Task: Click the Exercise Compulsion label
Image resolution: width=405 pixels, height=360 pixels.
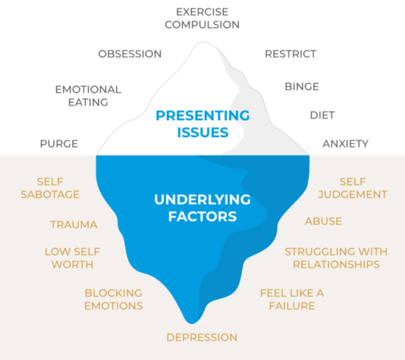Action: (x=202, y=18)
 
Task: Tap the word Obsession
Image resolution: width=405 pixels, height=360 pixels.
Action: (x=130, y=54)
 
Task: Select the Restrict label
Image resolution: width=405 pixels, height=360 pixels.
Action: (x=291, y=54)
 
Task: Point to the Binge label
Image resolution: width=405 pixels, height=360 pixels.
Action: (x=302, y=87)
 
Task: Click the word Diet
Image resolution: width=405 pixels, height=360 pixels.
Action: (x=322, y=116)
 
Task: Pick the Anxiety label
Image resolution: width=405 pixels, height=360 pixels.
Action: (x=345, y=144)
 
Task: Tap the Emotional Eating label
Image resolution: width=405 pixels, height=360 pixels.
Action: (x=88, y=96)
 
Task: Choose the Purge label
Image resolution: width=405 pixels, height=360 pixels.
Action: (x=59, y=144)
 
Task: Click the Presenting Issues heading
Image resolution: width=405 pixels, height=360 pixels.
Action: (x=202, y=124)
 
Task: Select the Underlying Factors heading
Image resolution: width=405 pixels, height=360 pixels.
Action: (x=202, y=208)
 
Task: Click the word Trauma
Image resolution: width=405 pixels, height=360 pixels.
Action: (x=74, y=225)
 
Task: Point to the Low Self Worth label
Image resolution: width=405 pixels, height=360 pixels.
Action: (x=72, y=258)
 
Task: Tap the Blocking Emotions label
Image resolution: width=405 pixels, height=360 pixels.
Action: (x=113, y=299)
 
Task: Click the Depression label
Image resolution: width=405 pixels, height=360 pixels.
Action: (x=202, y=337)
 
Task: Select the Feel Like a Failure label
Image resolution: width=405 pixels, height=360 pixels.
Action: (x=292, y=299)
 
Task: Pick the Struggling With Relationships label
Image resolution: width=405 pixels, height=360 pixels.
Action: (x=336, y=258)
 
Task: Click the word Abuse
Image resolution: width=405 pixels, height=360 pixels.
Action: (x=324, y=221)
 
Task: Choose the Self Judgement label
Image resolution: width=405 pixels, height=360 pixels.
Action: (x=352, y=188)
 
